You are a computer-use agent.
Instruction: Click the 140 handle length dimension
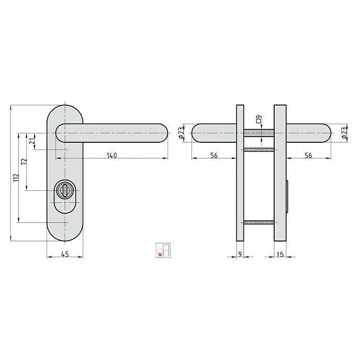[112, 156]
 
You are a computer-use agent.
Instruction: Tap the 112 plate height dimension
[16, 178]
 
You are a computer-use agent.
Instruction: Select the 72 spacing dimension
[24, 161]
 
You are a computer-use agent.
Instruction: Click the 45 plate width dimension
[65, 254]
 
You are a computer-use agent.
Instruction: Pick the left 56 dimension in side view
[214, 156]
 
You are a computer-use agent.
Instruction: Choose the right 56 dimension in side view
[308, 156]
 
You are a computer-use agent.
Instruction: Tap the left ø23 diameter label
[182, 133]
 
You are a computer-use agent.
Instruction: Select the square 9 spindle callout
[259, 119]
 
